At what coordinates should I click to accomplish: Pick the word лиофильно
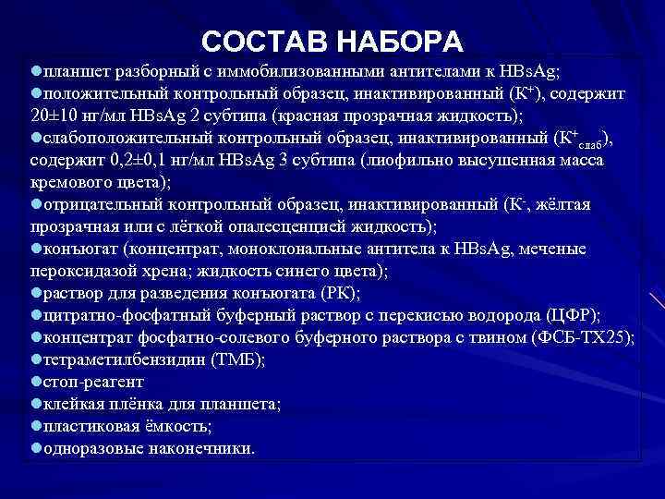point(399,161)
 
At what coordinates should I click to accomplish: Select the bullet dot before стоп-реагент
point(35,380)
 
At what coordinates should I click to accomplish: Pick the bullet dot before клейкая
point(35,403)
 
